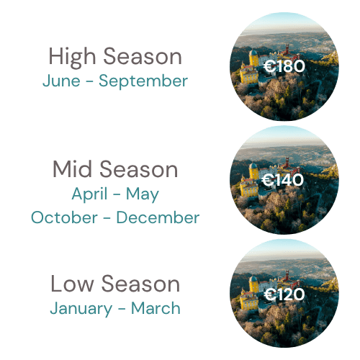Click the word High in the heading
coord(72,56)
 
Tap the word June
coord(61,81)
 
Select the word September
coord(143,81)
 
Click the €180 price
coord(284,66)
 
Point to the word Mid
coord(72,168)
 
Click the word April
coord(89,194)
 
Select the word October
coord(64,217)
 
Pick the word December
coord(158,217)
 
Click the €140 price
coord(283,180)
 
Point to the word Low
coord(72,284)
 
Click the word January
coord(81,309)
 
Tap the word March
coord(156,308)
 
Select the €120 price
coord(284,294)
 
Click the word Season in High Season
coord(143,56)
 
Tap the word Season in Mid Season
coord(139,168)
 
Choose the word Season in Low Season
coord(140,284)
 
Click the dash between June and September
coord(89,81)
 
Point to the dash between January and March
coord(122,309)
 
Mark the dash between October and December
coord(107,218)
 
